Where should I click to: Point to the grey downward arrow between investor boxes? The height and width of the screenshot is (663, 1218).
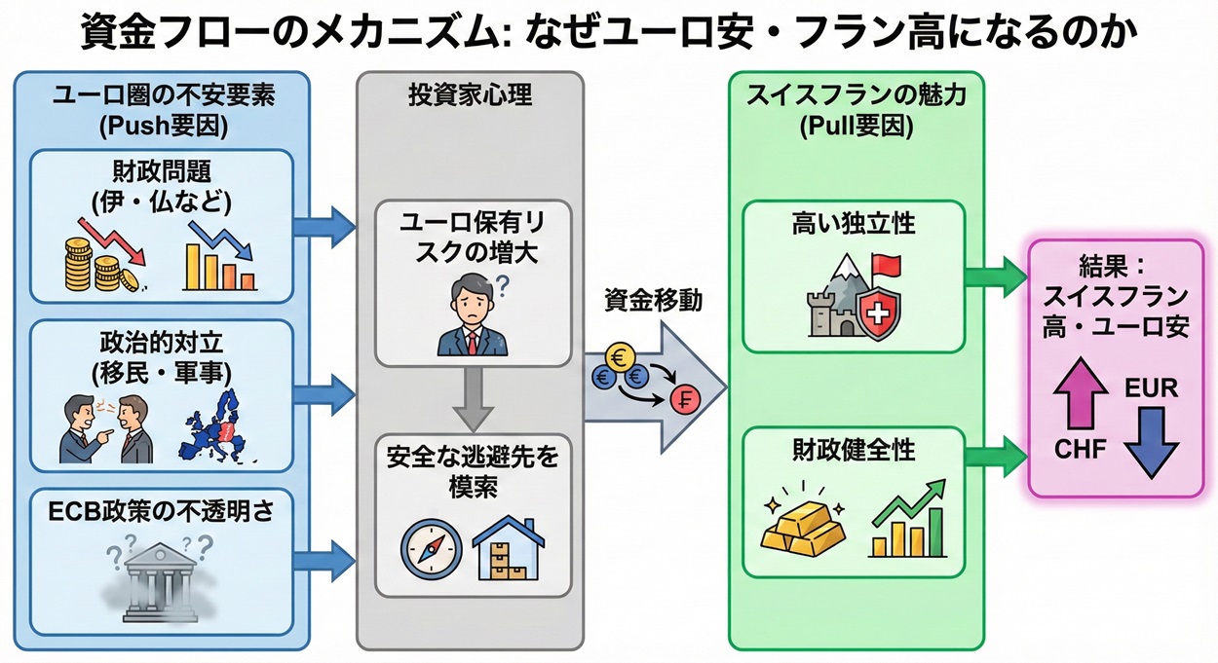pyautogui.click(x=472, y=397)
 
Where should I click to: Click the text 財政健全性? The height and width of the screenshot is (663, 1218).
pyautogui.click(x=853, y=450)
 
